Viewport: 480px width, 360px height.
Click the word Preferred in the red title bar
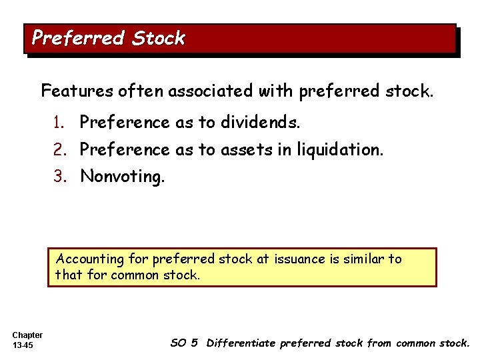click(79, 38)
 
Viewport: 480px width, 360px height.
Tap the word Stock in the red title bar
click(158, 38)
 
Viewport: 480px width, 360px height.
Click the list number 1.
click(60, 123)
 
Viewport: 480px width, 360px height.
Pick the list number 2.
click(60, 150)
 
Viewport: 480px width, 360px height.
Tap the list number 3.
click(60, 177)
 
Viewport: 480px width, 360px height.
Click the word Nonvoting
click(122, 177)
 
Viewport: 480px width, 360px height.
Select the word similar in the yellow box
click(364, 259)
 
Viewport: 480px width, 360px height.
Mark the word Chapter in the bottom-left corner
click(27, 335)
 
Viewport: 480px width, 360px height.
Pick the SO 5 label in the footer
click(184, 343)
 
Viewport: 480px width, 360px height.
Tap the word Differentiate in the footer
click(241, 343)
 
